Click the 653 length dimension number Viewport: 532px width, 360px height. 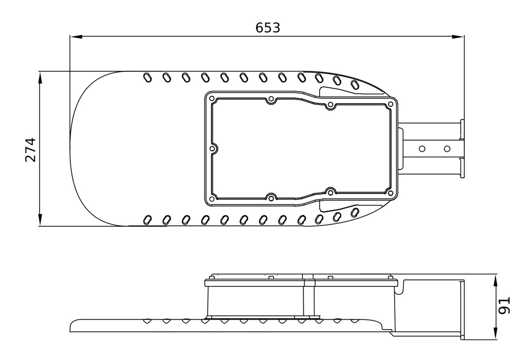pos(268,27)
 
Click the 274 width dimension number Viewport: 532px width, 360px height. pos(31,150)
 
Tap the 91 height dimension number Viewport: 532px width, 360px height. pos(504,305)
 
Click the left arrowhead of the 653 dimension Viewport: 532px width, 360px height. pos(76,36)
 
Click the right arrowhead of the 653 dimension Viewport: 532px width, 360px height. pos(458,36)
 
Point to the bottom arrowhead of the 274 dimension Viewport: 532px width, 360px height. pos(40,220)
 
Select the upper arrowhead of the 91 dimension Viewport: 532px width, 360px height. pos(496,282)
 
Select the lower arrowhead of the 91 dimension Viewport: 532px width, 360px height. pos(496,333)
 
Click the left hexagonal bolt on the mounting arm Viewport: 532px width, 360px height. pos(422,149)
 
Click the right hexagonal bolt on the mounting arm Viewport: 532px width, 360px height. pos(447,149)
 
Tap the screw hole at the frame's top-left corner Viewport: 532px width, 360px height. pos(211,98)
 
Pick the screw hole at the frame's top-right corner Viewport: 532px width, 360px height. pos(391,104)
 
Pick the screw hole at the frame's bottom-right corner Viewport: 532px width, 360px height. pos(391,193)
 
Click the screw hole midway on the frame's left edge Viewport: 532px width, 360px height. pos(212,149)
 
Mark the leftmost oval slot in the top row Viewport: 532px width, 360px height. pos(148,78)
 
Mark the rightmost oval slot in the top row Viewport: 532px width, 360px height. pos(355,85)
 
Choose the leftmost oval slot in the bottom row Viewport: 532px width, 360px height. pos(148,220)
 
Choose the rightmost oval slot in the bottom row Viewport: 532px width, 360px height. pos(355,212)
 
